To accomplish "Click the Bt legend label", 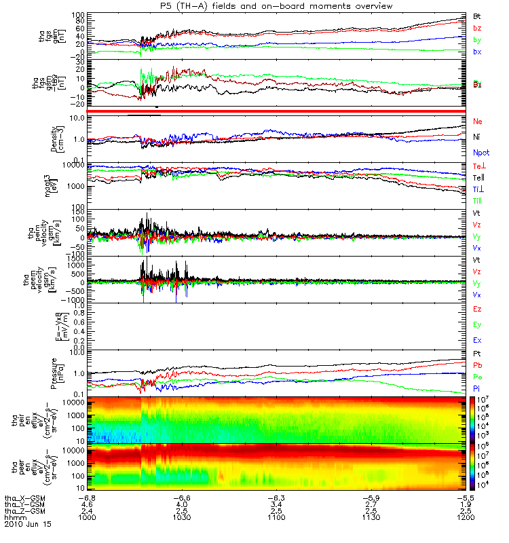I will click(477, 16).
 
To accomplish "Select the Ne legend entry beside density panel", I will click(477, 121).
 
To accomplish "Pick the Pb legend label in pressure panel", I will click(477, 366).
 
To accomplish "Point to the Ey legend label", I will click(477, 324).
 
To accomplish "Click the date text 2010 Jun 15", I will click(28, 525).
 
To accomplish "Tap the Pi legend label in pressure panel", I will click(476, 388).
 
